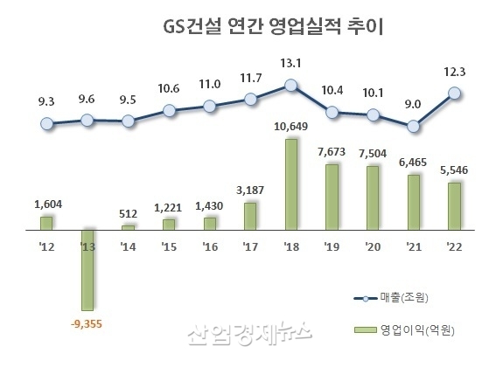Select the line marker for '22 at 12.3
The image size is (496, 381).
click(454, 93)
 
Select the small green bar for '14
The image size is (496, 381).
click(128, 226)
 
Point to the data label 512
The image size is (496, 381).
click(128, 213)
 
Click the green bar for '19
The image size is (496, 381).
click(332, 197)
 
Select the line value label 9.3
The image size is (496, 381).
click(46, 102)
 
